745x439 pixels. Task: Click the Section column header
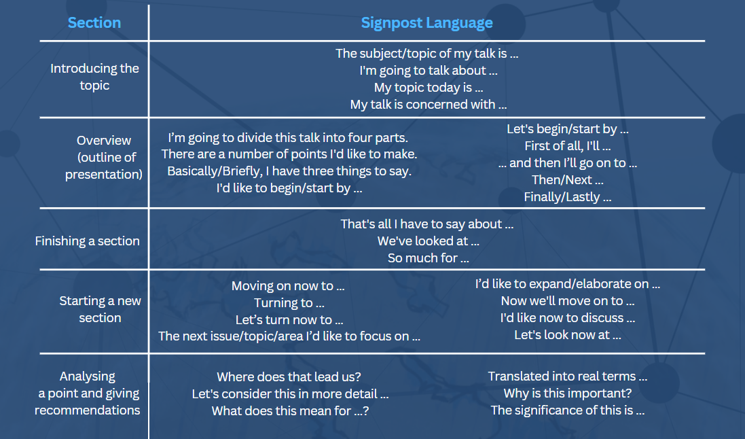(x=94, y=22)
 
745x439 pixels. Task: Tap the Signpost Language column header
(x=426, y=23)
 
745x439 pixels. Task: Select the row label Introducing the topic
(x=94, y=77)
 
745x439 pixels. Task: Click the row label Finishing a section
(x=87, y=241)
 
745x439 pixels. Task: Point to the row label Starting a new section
(x=101, y=309)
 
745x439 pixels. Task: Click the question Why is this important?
(x=568, y=393)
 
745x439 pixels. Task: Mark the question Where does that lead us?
(x=289, y=376)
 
